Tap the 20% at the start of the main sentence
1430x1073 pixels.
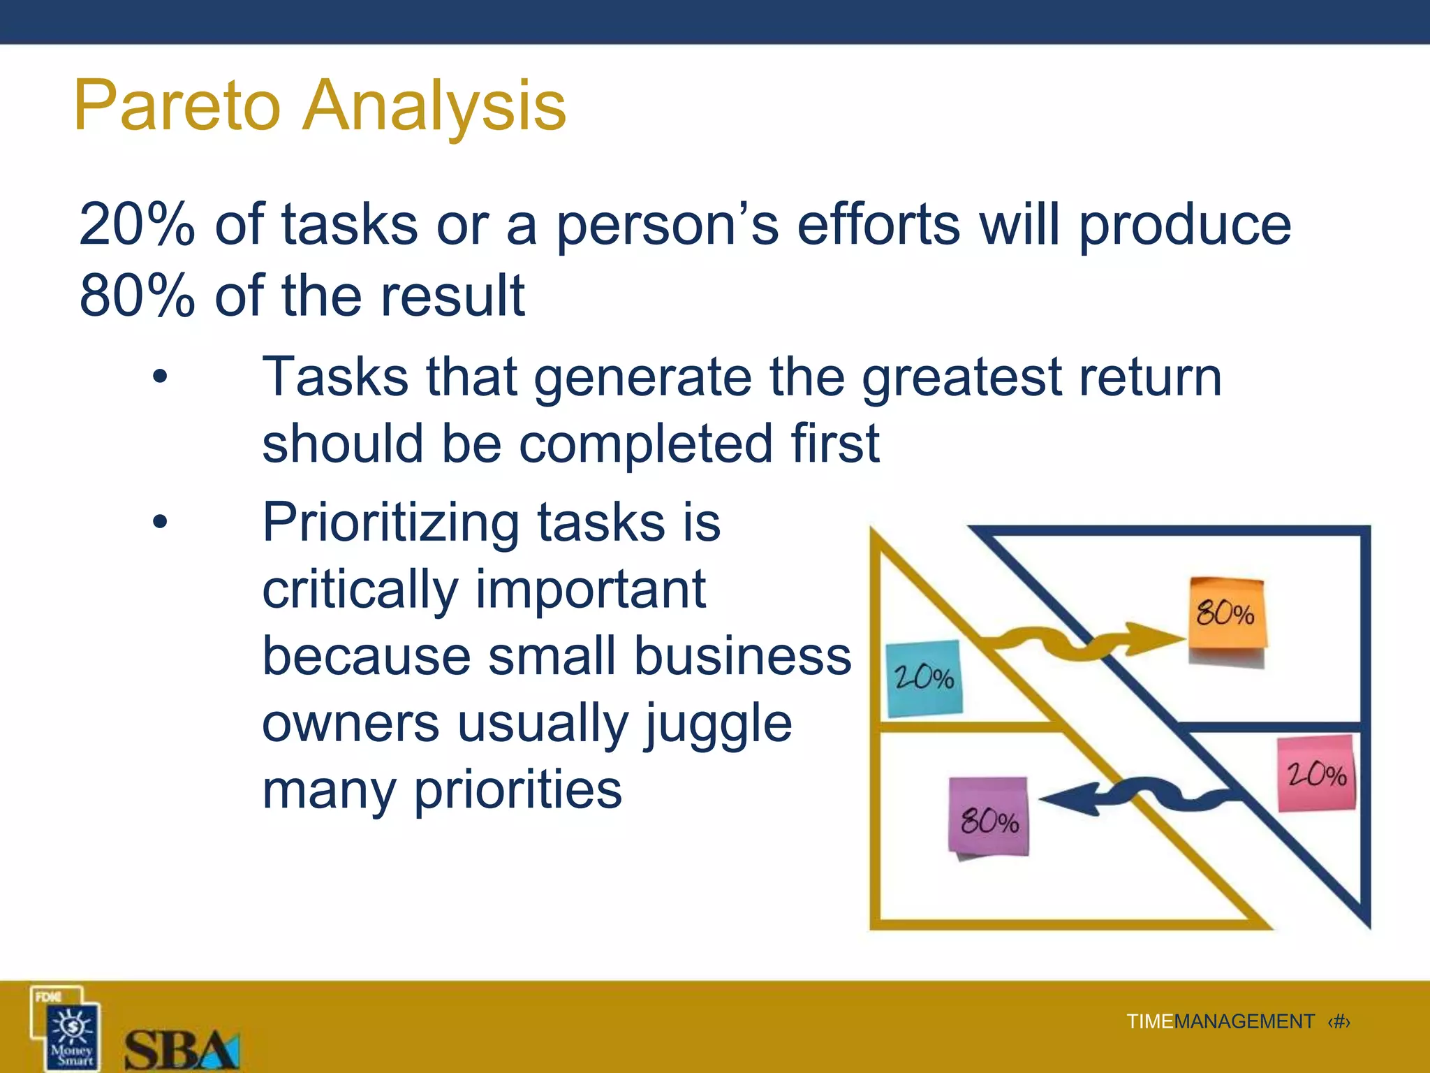137,224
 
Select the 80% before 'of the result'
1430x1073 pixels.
137,295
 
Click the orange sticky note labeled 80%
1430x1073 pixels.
1227,615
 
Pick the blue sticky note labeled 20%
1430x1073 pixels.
924,678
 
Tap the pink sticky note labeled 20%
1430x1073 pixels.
1316,773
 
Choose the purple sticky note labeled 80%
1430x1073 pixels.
989,818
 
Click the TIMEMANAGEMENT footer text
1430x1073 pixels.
1220,1021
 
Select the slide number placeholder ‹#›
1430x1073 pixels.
1339,1021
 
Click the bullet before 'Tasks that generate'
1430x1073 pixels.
160,377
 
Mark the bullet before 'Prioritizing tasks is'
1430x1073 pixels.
160,521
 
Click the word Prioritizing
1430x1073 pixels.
390,523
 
